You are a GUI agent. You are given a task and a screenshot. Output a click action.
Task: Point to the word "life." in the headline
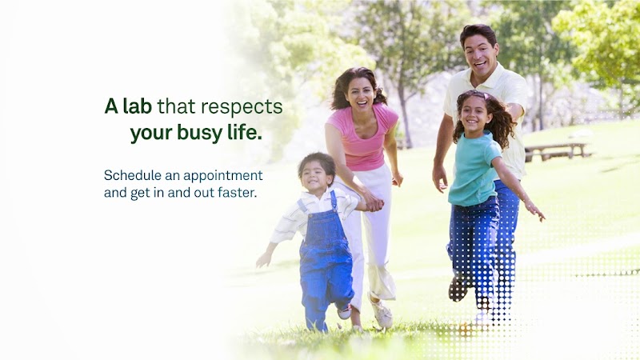(243, 133)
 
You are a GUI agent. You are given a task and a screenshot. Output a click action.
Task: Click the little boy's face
(315, 174)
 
